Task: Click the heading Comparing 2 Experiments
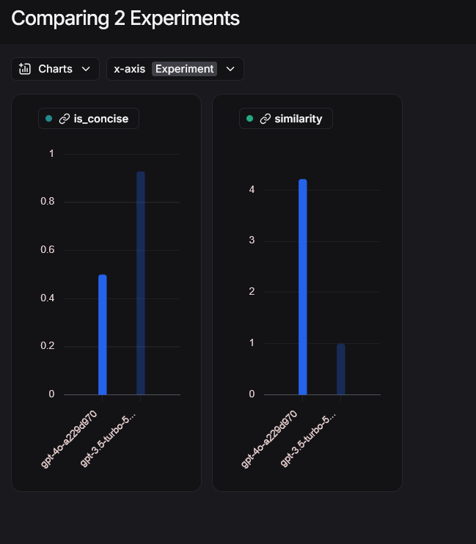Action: (125, 18)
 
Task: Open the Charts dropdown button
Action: (55, 69)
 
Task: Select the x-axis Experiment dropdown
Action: (175, 69)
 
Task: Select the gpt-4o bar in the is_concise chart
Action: (103, 334)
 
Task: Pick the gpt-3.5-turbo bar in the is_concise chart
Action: (141, 283)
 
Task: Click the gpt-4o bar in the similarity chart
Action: (303, 287)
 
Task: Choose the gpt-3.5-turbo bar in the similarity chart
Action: (341, 369)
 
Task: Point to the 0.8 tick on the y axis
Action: (46, 202)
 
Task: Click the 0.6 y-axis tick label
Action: (46, 250)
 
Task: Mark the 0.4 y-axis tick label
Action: (46, 298)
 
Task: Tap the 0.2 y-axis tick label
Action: (46, 346)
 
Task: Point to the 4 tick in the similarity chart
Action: (252, 189)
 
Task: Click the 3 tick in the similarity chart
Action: (252, 240)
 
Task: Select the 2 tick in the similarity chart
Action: (252, 292)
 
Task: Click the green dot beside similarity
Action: (249, 119)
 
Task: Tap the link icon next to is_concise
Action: (64, 119)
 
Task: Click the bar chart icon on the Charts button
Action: (25, 69)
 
